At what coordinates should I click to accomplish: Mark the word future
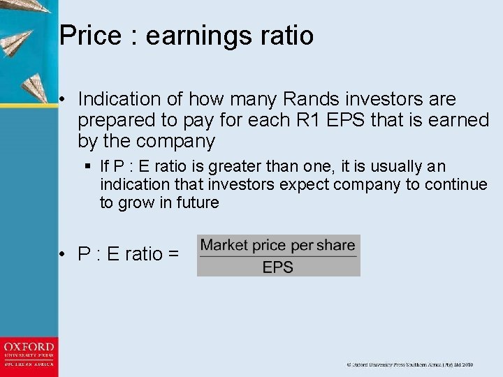pos(196,203)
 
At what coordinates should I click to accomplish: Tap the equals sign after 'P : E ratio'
pos(173,255)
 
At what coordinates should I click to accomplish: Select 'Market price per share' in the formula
pos(278,245)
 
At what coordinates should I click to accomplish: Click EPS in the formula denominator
pos(278,267)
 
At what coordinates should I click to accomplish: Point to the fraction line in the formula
pos(278,256)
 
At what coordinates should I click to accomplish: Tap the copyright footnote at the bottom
pos(410,364)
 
